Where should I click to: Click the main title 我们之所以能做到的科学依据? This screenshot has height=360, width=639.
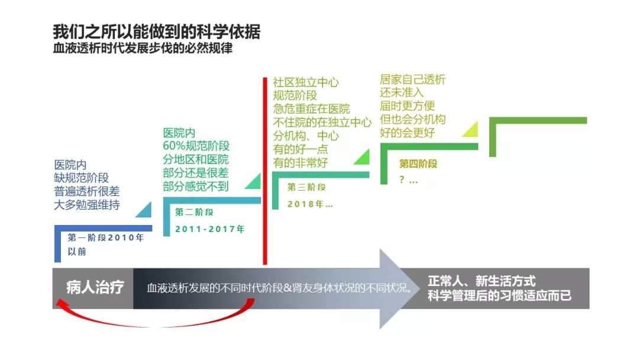pyautogui.click(x=156, y=32)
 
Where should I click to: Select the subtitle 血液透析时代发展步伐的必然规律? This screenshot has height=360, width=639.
pyautogui.click(x=143, y=48)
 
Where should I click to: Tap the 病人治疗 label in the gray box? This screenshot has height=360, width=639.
pyautogui.click(x=95, y=287)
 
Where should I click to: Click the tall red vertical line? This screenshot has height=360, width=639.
pyautogui.click(x=265, y=171)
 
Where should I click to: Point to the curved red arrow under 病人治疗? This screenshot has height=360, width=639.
pyautogui.click(x=155, y=322)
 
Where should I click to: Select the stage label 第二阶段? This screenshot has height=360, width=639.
pyautogui.click(x=195, y=212)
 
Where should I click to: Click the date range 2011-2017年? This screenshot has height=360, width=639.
pyautogui.click(x=210, y=229)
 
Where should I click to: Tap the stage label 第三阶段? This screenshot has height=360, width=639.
pyautogui.click(x=306, y=187)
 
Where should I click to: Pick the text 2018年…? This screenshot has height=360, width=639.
pyautogui.click(x=310, y=204)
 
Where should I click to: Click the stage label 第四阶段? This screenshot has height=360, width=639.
pyautogui.click(x=418, y=164)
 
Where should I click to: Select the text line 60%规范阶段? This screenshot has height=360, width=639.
pyautogui.click(x=196, y=146)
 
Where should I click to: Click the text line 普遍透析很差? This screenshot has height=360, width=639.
pyautogui.click(x=87, y=191)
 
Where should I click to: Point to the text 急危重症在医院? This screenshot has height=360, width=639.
pyautogui.click(x=311, y=109)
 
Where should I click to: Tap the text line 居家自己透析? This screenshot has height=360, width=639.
pyautogui.click(x=413, y=79)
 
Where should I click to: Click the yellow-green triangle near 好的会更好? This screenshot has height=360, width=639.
pyautogui.click(x=472, y=130)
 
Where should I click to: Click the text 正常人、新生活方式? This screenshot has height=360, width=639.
pyautogui.click(x=481, y=281)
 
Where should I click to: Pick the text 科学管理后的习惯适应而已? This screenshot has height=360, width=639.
pyautogui.click(x=499, y=295)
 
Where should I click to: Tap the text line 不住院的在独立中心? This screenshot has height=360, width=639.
pyautogui.click(x=322, y=123)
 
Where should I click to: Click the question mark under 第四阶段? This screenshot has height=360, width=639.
pyautogui.click(x=402, y=179)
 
